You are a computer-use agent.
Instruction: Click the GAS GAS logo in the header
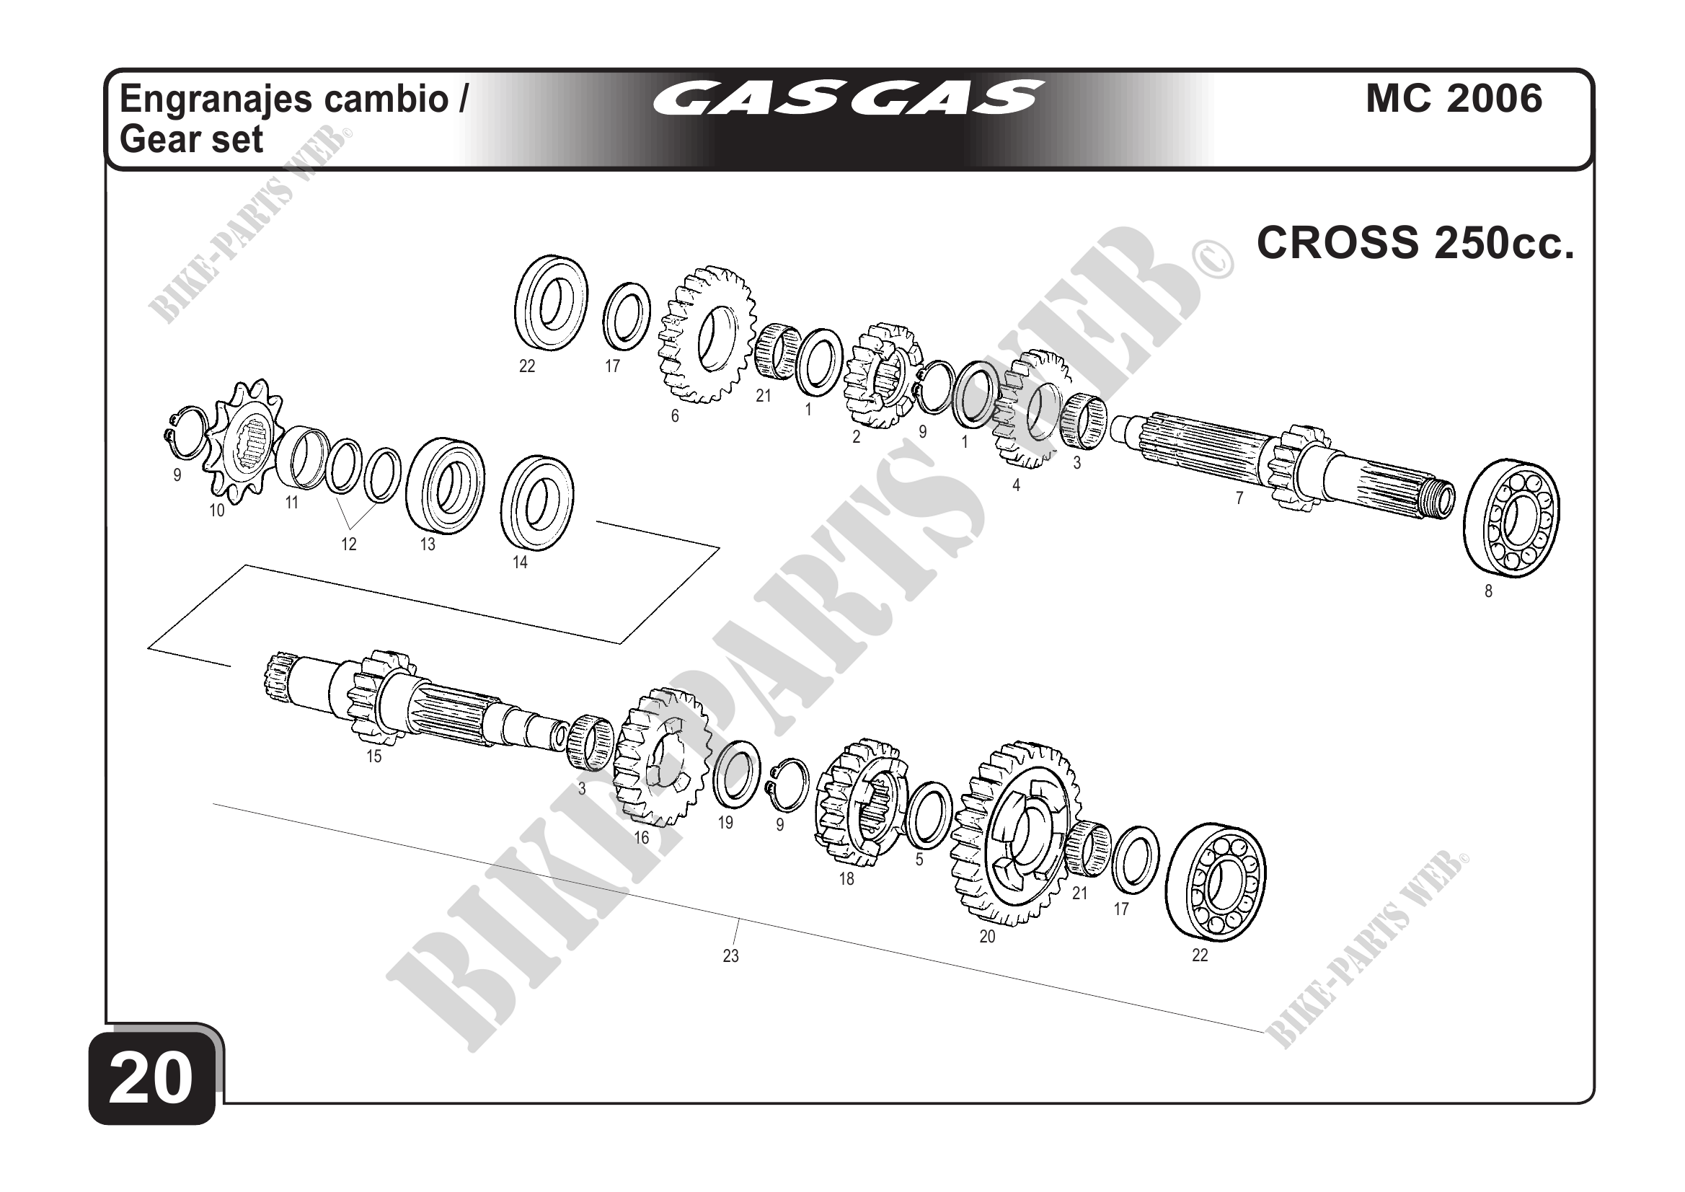(x=847, y=98)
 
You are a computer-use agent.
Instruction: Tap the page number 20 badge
(x=151, y=1077)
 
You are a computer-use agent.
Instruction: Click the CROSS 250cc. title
(x=1415, y=242)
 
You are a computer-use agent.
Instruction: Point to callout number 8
(x=1488, y=591)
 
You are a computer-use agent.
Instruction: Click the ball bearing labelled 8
(x=1512, y=518)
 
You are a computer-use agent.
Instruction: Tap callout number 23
(x=730, y=955)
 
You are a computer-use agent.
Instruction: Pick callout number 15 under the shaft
(x=374, y=756)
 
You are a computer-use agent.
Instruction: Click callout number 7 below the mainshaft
(x=1239, y=498)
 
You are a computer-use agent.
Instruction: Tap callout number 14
(x=520, y=562)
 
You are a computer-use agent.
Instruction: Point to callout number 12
(x=348, y=544)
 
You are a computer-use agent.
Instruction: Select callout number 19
(x=725, y=823)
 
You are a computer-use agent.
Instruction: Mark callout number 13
(x=427, y=544)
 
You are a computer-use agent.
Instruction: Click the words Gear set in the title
(x=192, y=139)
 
